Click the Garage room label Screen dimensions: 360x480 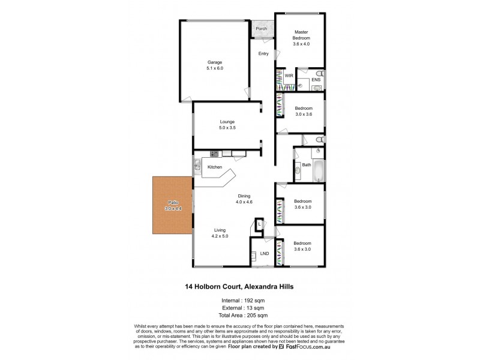(x=215, y=62)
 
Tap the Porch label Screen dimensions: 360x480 (x=261, y=29)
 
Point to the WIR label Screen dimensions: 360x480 (x=289, y=76)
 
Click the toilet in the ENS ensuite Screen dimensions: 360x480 (x=317, y=88)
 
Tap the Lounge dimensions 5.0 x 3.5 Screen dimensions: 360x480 (x=227, y=128)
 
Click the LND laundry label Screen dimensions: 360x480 (x=264, y=253)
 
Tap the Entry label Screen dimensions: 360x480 (x=263, y=54)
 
